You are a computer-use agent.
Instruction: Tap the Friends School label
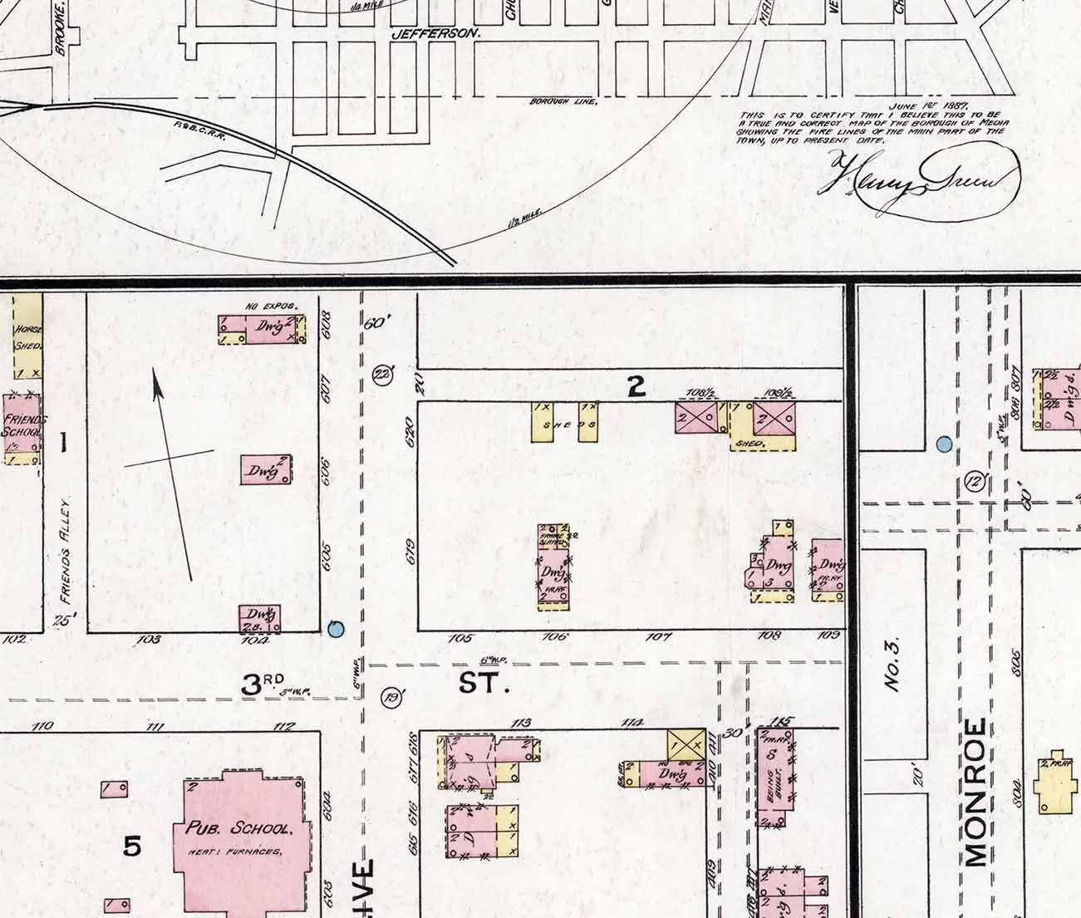(22, 425)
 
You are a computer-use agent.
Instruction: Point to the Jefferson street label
(435, 34)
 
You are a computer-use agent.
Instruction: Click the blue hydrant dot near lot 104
(336, 629)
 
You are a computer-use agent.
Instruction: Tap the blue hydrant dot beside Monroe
(943, 444)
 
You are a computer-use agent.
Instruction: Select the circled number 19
(391, 698)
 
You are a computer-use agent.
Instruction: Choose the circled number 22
(382, 374)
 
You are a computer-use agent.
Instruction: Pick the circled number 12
(975, 480)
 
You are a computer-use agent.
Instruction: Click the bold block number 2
(636, 386)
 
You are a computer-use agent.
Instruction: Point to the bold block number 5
(131, 847)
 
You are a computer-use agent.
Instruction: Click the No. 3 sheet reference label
(892, 665)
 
